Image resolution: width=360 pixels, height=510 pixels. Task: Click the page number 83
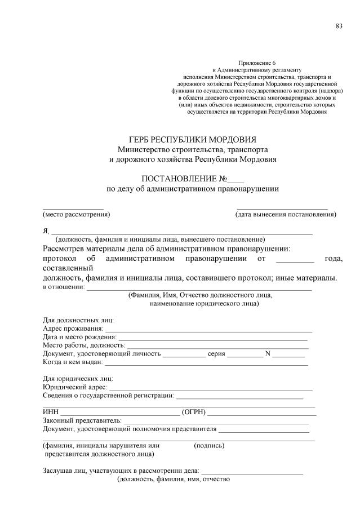(x=339, y=26)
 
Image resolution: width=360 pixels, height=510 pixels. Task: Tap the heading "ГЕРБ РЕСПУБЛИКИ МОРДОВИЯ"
(x=193, y=139)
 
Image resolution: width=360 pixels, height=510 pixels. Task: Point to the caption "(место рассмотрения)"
(x=76, y=215)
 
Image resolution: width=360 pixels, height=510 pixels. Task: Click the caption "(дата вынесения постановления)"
(x=286, y=215)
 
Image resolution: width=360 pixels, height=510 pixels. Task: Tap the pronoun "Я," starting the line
(x=46, y=230)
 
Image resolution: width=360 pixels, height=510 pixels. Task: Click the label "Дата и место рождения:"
(x=79, y=337)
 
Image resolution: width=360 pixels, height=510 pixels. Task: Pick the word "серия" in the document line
(x=216, y=354)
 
